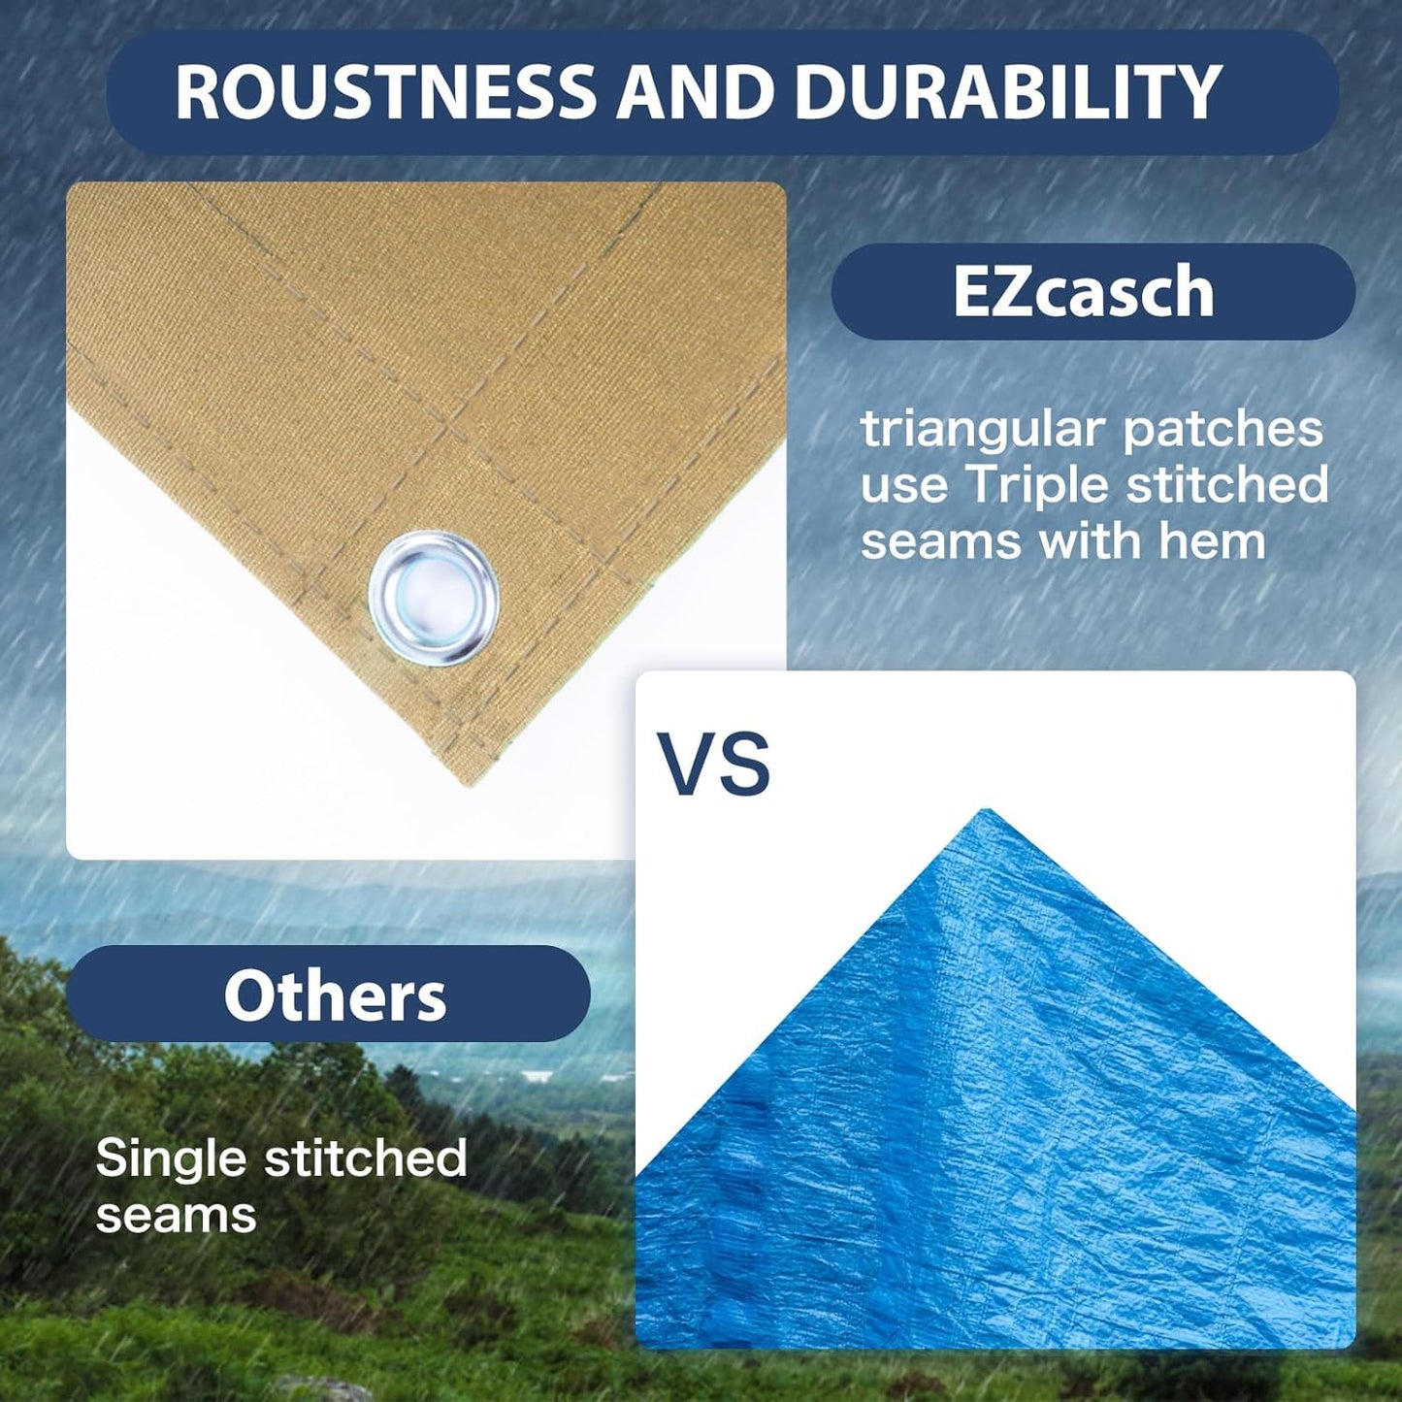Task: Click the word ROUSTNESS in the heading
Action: [x=385, y=93]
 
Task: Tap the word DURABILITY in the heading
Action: [x=1007, y=93]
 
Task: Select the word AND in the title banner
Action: [x=696, y=93]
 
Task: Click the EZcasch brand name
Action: [x=1083, y=291]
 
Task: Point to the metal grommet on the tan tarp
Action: [x=434, y=598]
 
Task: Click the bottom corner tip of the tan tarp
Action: [x=468, y=781]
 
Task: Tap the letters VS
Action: [x=714, y=765]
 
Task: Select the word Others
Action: [x=335, y=996]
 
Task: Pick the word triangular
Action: [x=982, y=430]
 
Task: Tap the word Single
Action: [x=171, y=1158]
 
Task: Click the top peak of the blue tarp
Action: [x=987, y=812]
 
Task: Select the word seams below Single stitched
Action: [x=176, y=1215]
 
